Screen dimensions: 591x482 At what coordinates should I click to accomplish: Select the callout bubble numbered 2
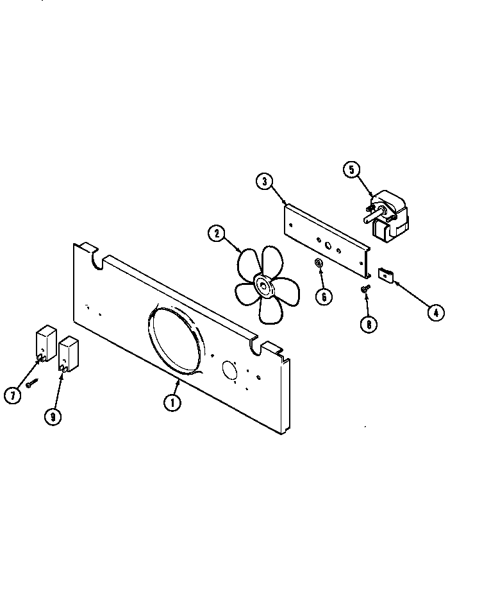coord(217,234)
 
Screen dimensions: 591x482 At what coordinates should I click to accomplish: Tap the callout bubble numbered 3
coord(264,181)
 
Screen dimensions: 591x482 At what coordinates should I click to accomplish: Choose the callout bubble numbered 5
coord(351,169)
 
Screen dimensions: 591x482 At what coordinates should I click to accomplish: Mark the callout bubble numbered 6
coord(324,296)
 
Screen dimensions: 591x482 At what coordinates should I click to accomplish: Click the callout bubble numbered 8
coord(369,325)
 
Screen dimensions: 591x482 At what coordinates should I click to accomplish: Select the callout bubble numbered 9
coord(53,416)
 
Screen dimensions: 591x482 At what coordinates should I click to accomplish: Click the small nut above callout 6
coord(319,263)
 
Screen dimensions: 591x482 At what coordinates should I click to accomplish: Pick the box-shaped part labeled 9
coord(67,354)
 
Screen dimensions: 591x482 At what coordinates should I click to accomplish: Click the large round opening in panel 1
coord(176,339)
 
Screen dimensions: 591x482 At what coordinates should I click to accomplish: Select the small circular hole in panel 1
coord(229,370)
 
